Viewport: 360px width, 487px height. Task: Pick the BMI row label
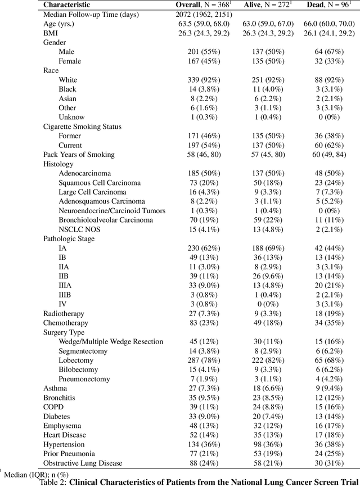[51, 33]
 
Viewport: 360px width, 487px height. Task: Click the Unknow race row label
[72, 117]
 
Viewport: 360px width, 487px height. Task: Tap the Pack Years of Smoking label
[79, 155]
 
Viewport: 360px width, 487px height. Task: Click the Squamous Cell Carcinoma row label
[100, 183]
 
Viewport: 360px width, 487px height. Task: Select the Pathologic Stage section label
[69, 238]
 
